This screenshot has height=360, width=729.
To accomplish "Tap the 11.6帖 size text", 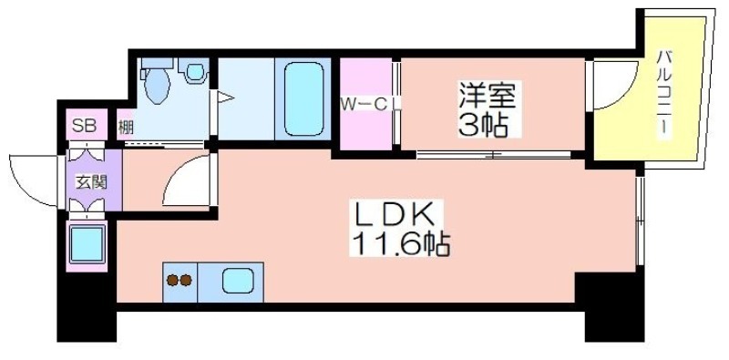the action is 401,243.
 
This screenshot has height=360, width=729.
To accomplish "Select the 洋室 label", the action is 488,96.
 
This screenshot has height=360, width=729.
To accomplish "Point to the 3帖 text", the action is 483,124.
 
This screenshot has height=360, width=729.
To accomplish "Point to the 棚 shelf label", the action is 125,128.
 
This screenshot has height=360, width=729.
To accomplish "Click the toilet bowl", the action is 157,83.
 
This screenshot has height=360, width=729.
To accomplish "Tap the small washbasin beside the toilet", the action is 195,71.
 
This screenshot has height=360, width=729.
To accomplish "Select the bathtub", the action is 303,98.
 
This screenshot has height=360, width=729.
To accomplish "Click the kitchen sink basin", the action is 238,282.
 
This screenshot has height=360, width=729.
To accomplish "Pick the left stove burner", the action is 173,281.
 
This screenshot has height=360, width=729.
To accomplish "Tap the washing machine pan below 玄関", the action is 87,245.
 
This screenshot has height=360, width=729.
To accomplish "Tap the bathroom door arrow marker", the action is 225,98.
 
